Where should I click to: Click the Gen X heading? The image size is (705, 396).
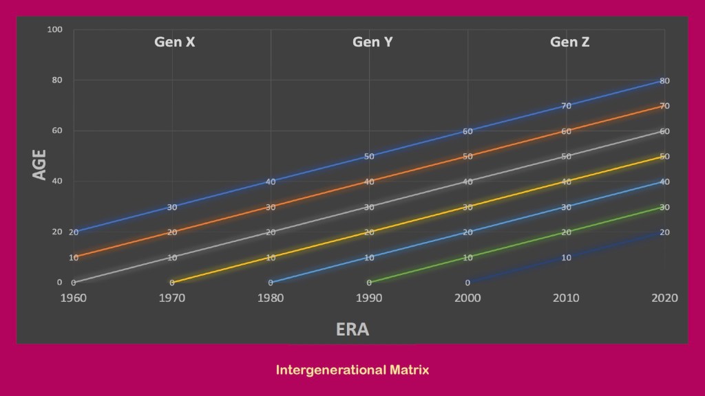coord(174,42)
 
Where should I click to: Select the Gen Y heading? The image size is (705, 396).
coord(372,42)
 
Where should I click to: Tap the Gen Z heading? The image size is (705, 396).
coord(569,42)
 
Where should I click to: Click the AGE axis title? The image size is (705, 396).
coord(40,165)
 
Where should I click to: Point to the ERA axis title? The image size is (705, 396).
coord(352,329)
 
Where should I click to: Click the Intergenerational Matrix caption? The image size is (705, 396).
coord(352,370)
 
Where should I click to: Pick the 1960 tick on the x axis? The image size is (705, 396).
coord(73,298)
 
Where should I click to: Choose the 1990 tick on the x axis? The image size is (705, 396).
coord(369,298)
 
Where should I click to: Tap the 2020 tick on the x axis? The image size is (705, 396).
coord(664,298)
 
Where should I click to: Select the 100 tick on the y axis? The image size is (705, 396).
coord(55,30)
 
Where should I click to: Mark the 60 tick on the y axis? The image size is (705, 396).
coord(57,131)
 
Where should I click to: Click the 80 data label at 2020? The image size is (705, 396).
coord(664,80)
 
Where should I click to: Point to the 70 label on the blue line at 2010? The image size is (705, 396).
coord(566,106)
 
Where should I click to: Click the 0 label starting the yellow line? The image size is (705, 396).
coord(172,283)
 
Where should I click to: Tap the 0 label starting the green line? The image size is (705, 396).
coord(369,283)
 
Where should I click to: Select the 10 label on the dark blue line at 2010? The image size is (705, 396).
coord(566,258)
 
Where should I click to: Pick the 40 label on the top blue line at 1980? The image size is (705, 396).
coord(271,181)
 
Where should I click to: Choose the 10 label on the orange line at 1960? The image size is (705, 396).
coord(74,258)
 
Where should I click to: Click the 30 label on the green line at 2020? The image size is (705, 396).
coord(664,207)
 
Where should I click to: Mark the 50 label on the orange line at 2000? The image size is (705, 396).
coord(467,157)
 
